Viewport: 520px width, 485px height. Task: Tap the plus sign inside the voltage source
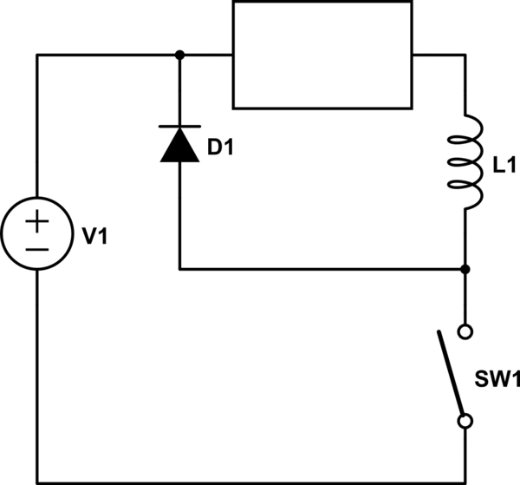[36, 222]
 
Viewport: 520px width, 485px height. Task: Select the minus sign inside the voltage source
[36, 249]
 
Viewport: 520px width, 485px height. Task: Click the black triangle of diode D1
[179, 146]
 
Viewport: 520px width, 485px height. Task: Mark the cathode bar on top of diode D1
[179, 127]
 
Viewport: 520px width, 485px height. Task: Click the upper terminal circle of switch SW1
[465, 331]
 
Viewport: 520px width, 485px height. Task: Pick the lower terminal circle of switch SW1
[465, 422]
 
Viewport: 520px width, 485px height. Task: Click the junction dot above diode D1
[179, 55]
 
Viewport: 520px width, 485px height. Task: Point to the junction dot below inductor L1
[465, 269]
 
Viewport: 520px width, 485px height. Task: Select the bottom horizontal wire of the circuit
[251, 483]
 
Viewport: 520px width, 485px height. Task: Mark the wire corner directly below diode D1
[179, 269]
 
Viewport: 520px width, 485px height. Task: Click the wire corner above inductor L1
[465, 55]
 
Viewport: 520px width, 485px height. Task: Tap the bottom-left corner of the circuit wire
[36, 483]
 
